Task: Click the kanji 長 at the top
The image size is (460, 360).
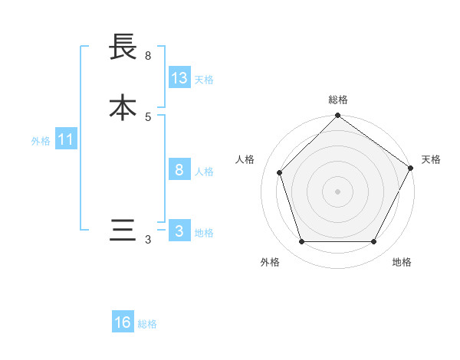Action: (x=123, y=47)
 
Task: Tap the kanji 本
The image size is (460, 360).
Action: (x=123, y=106)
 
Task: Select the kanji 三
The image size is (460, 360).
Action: (x=123, y=231)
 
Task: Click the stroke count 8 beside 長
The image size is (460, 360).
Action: (x=148, y=55)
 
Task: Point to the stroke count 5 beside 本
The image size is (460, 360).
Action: (x=148, y=116)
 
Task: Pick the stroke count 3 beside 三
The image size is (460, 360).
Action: (x=148, y=240)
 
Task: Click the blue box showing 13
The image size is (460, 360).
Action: (x=179, y=78)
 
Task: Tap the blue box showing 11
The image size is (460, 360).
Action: (x=66, y=140)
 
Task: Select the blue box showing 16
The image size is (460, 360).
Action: (x=123, y=322)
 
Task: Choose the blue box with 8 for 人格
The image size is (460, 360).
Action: (x=179, y=171)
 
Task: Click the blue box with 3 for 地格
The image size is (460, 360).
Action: (x=179, y=231)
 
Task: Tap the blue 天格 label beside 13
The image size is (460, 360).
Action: (x=204, y=80)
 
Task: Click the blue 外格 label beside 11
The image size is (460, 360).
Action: (x=41, y=141)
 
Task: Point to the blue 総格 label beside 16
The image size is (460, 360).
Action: (x=147, y=324)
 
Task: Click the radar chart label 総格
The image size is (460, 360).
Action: (x=337, y=100)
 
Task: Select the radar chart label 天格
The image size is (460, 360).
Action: (x=431, y=159)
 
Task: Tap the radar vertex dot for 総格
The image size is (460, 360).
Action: (x=337, y=116)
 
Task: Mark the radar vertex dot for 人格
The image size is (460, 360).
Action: (x=280, y=172)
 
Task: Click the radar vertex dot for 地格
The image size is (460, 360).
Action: (x=373, y=242)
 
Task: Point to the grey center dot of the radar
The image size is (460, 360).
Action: (x=337, y=191)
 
